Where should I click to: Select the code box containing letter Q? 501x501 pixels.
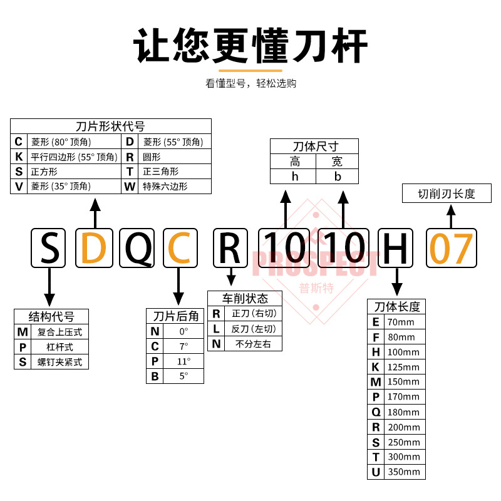click(x=139, y=249)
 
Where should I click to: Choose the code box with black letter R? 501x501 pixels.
click(x=232, y=249)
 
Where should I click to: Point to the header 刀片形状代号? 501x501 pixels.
click(x=110, y=126)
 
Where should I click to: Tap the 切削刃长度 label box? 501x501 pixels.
click(x=447, y=194)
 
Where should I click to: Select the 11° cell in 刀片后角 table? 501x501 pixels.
click(x=183, y=361)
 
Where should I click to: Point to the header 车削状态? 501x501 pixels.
click(x=245, y=298)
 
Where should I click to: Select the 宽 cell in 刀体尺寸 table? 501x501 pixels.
click(x=337, y=162)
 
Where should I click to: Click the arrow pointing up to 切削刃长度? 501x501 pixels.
click(x=450, y=216)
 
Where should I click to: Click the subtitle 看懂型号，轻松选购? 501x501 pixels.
click(x=250, y=83)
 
